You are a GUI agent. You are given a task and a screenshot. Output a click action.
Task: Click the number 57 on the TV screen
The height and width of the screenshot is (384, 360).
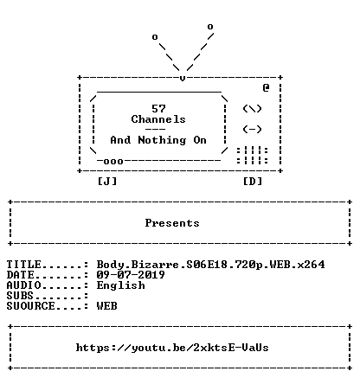(158, 109)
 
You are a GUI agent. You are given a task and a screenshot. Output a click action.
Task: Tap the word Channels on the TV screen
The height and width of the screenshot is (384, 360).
(158, 119)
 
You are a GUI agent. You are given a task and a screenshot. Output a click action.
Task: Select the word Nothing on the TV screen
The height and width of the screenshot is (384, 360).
(162, 140)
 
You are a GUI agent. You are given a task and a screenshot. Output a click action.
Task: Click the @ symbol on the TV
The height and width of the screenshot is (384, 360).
(266, 87)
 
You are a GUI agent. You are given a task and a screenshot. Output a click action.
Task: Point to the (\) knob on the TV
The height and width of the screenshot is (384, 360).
(252, 109)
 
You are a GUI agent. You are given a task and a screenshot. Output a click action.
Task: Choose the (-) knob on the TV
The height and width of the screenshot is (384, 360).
(252, 129)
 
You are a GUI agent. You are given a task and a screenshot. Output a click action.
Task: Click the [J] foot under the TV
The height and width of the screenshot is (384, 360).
(107, 182)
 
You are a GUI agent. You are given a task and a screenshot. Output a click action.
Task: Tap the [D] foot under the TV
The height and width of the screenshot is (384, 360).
(253, 182)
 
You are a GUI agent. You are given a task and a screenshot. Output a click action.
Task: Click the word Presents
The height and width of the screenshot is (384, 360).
(172, 223)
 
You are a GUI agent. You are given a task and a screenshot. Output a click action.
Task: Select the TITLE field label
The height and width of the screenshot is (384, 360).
(23, 265)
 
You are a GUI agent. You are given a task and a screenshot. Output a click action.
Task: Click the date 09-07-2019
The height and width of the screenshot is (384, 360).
(131, 274)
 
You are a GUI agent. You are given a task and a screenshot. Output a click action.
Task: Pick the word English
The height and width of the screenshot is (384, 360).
(120, 285)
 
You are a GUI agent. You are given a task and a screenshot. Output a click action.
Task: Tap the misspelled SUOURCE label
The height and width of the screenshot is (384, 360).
(30, 306)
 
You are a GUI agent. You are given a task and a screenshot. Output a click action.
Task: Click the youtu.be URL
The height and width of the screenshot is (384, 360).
(172, 348)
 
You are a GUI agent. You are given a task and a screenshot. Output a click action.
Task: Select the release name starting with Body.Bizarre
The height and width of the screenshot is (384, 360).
(210, 265)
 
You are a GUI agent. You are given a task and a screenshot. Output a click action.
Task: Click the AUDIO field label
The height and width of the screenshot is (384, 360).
(23, 285)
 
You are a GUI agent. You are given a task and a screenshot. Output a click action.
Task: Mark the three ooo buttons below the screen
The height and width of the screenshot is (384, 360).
(113, 162)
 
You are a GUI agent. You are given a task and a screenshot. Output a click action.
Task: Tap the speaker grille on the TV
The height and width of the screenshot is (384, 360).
(252, 156)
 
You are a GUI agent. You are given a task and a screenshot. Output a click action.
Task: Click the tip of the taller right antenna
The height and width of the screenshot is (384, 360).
(210, 27)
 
